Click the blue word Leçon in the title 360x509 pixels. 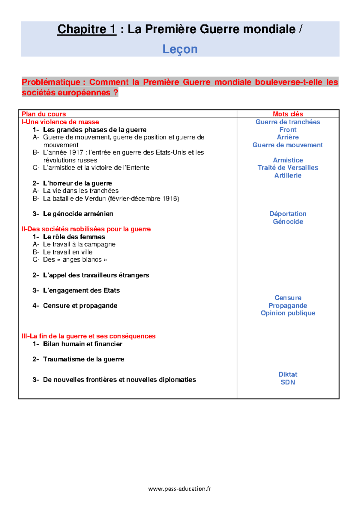(180, 49)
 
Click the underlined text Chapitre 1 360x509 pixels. (87, 29)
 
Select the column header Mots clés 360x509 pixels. (288, 114)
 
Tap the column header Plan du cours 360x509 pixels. (44, 114)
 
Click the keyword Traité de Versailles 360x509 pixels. (288, 168)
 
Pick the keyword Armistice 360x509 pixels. (288, 160)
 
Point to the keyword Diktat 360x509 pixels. (288, 375)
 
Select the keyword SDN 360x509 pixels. (288, 382)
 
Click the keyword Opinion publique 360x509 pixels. (288, 313)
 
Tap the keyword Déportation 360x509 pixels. (288, 214)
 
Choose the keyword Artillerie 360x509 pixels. (288, 176)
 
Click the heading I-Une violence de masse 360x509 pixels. (60, 122)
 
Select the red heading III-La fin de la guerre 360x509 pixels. (88, 336)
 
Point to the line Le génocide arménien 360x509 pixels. (78, 214)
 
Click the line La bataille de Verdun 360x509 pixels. (111, 199)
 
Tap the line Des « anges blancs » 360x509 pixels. (75, 260)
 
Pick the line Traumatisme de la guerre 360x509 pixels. (83, 360)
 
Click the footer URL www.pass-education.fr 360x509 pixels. (180, 489)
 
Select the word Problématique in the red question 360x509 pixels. (51, 82)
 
